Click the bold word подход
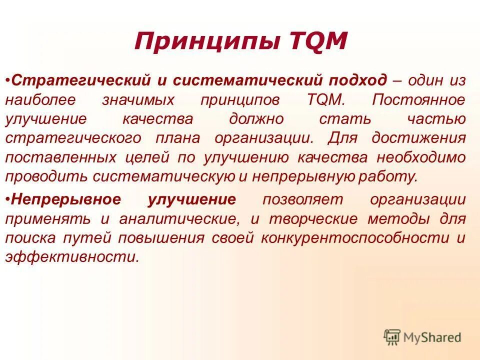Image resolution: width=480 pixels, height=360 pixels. click(357, 80)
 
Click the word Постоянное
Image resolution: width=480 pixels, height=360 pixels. click(418, 99)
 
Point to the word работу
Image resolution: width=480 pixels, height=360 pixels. click(392, 176)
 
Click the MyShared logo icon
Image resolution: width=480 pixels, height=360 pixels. click(392, 336)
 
